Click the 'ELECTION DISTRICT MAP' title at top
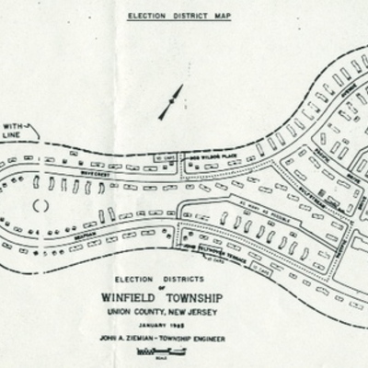[180, 17]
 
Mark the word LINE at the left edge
[11, 139]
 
